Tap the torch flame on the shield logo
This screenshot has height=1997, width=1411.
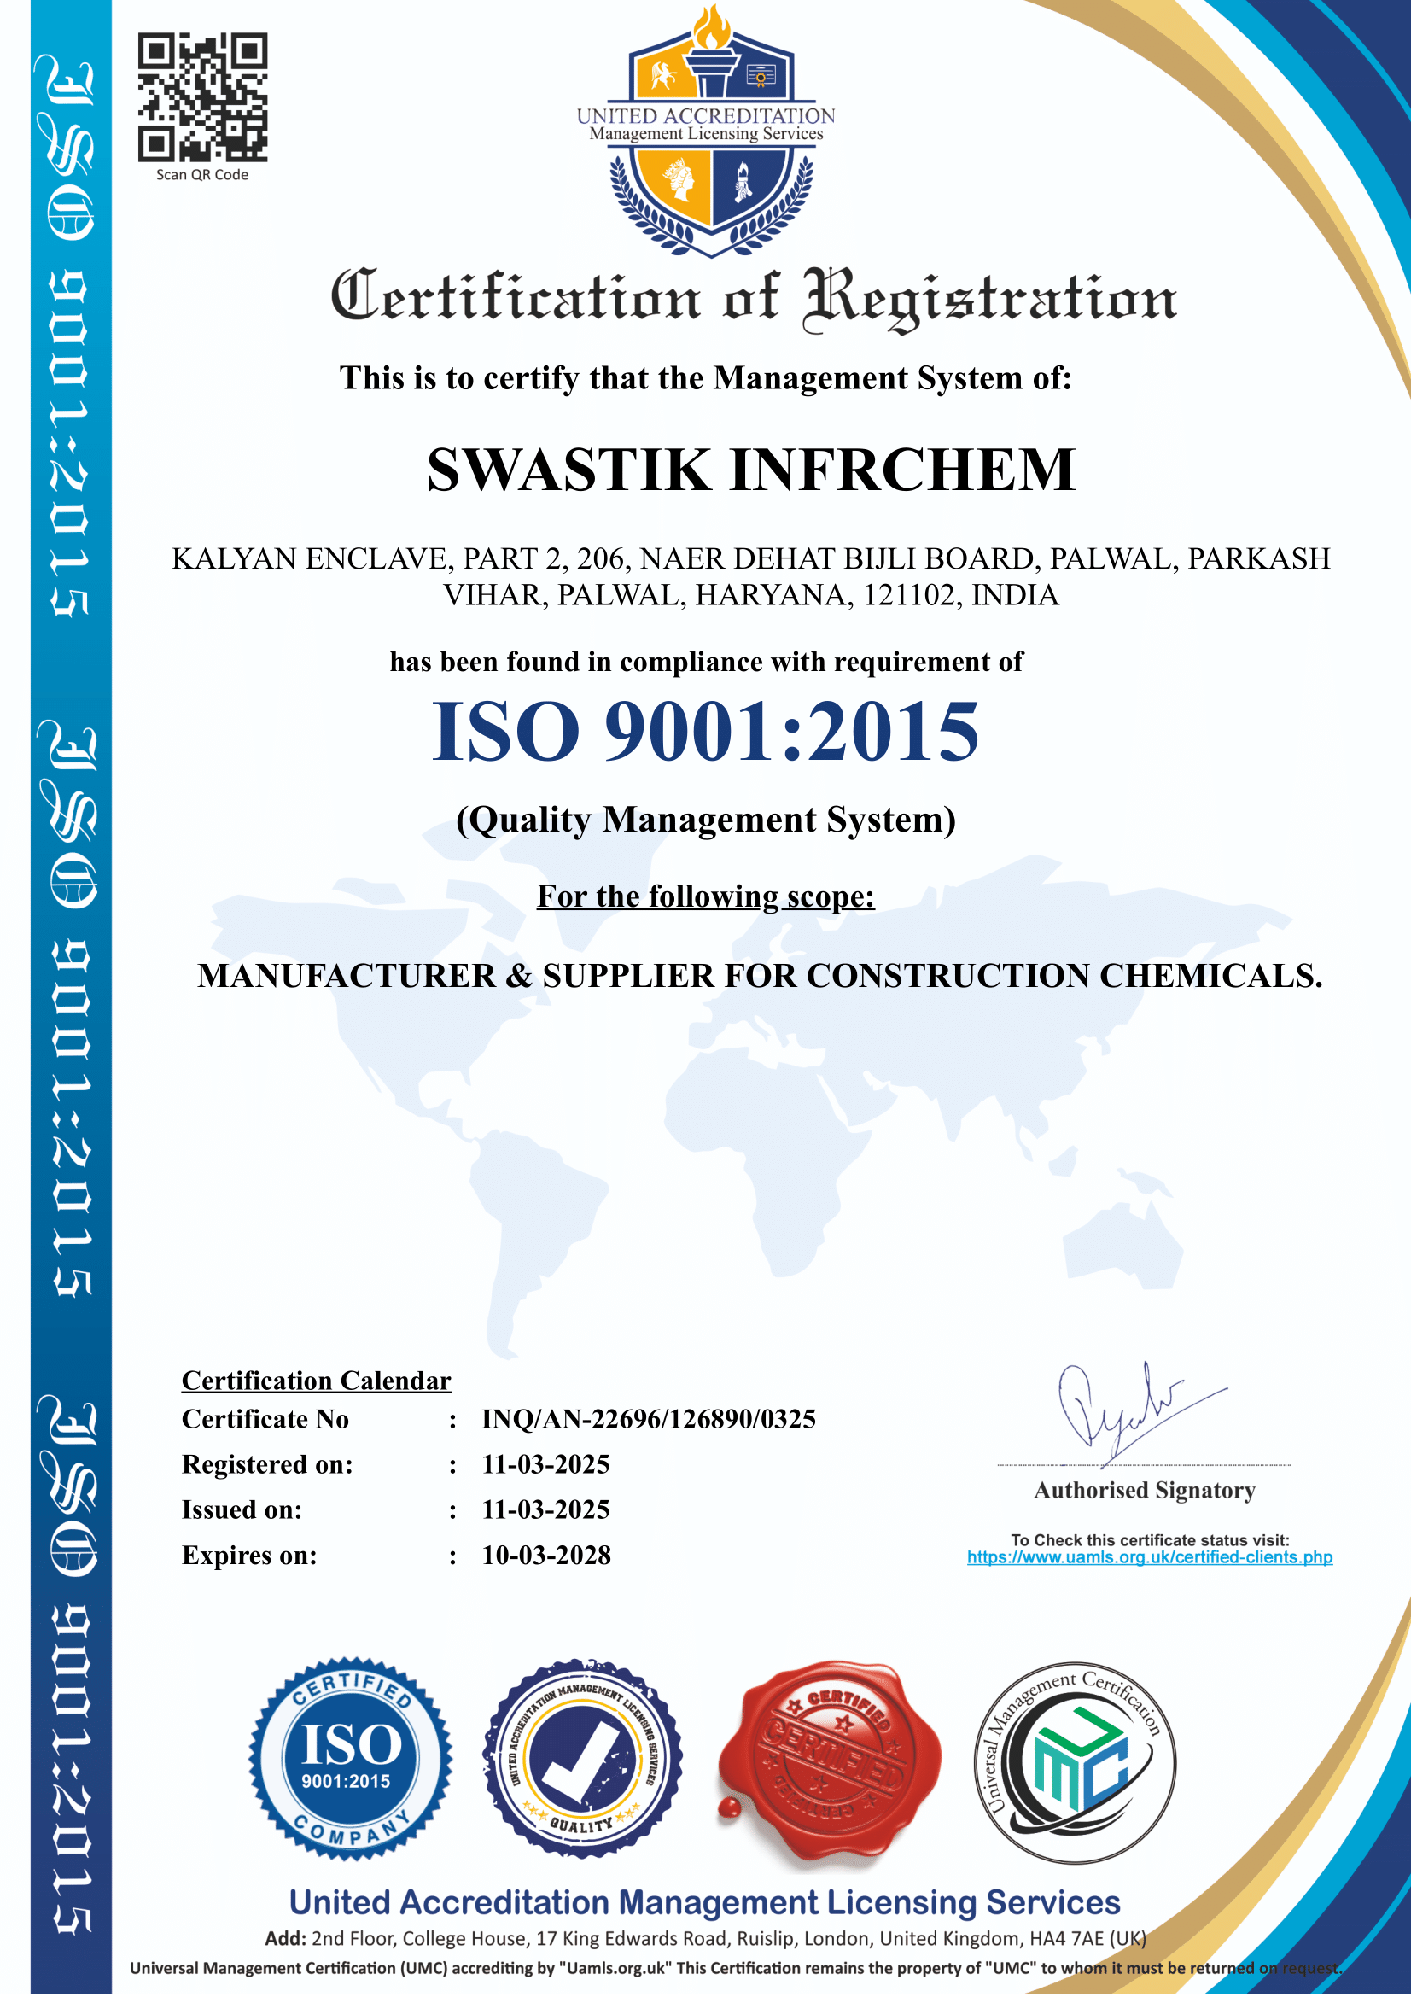click(x=711, y=28)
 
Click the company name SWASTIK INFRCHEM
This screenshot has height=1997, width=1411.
click(x=751, y=470)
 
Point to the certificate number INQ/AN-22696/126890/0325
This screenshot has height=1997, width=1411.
click(x=649, y=1419)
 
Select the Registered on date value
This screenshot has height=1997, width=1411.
click(x=546, y=1464)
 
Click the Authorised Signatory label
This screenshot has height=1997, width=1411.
click(x=1144, y=1490)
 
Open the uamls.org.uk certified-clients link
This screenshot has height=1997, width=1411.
click(x=1149, y=1557)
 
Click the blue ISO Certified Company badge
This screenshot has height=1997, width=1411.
click(x=350, y=1759)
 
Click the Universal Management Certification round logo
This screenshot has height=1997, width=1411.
click(x=1075, y=1762)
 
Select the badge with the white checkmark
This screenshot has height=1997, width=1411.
click(x=582, y=1759)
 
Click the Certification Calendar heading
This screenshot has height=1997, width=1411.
click(x=316, y=1381)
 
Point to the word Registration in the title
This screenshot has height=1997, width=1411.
click(x=989, y=297)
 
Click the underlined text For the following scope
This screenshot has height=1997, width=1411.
click(x=705, y=896)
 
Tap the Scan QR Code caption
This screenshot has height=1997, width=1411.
click(x=201, y=175)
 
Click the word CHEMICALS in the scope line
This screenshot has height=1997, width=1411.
click(x=1210, y=976)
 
